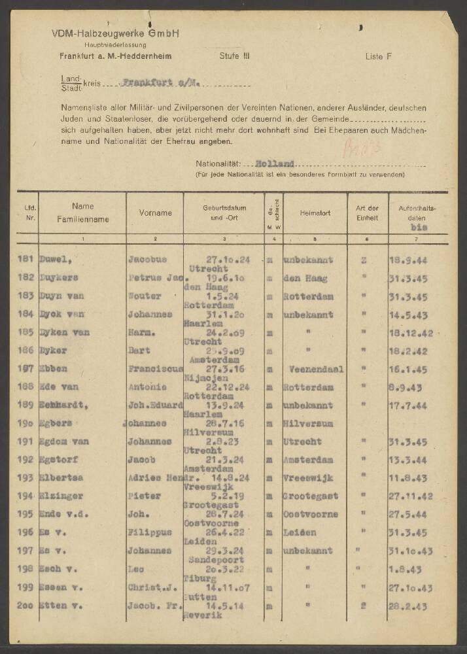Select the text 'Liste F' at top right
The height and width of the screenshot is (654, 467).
point(378,57)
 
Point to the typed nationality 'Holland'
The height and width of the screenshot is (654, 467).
point(275,164)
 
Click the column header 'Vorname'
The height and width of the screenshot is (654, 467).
point(155,213)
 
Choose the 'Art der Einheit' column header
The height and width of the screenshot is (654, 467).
point(367,213)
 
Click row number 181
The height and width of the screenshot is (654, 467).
point(27,260)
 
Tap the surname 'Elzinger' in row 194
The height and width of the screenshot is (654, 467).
point(61,496)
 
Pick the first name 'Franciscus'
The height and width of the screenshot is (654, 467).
point(155,370)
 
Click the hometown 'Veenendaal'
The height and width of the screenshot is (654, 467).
point(316,370)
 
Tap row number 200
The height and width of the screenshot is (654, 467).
point(27,606)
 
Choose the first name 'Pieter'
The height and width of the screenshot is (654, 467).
point(143,496)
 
